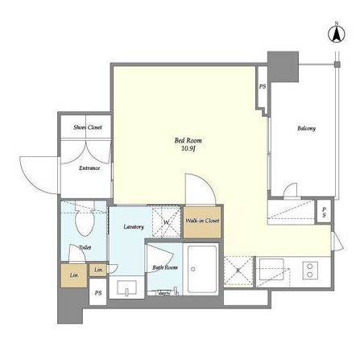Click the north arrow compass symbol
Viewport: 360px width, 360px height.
(x=337, y=34)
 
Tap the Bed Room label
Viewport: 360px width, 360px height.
(x=188, y=140)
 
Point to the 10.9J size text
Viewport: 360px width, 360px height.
(x=188, y=149)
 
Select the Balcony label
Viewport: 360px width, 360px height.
(x=306, y=128)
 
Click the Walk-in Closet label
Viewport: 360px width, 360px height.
(x=202, y=221)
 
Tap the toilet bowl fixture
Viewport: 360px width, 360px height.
(x=85, y=219)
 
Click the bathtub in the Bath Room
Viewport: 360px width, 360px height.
(x=202, y=269)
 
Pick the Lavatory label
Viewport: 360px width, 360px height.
(x=134, y=227)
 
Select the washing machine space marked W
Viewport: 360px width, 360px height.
(x=167, y=221)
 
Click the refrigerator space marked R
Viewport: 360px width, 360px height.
(x=238, y=271)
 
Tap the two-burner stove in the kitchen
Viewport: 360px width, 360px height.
(x=310, y=271)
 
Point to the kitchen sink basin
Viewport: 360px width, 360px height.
(x=271, y=269)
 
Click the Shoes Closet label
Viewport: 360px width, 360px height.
(x=88, y=127)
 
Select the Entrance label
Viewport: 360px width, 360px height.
(x=89, y=168)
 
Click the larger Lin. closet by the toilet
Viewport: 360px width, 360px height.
(x=74, y=275)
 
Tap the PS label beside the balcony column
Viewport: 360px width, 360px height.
(x=263, y=86)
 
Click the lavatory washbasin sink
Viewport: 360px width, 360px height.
(x=126, y=288)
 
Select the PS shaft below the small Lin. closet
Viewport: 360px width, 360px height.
(x=97, y=292)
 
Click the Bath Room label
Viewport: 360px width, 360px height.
(x=165, y=267)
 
